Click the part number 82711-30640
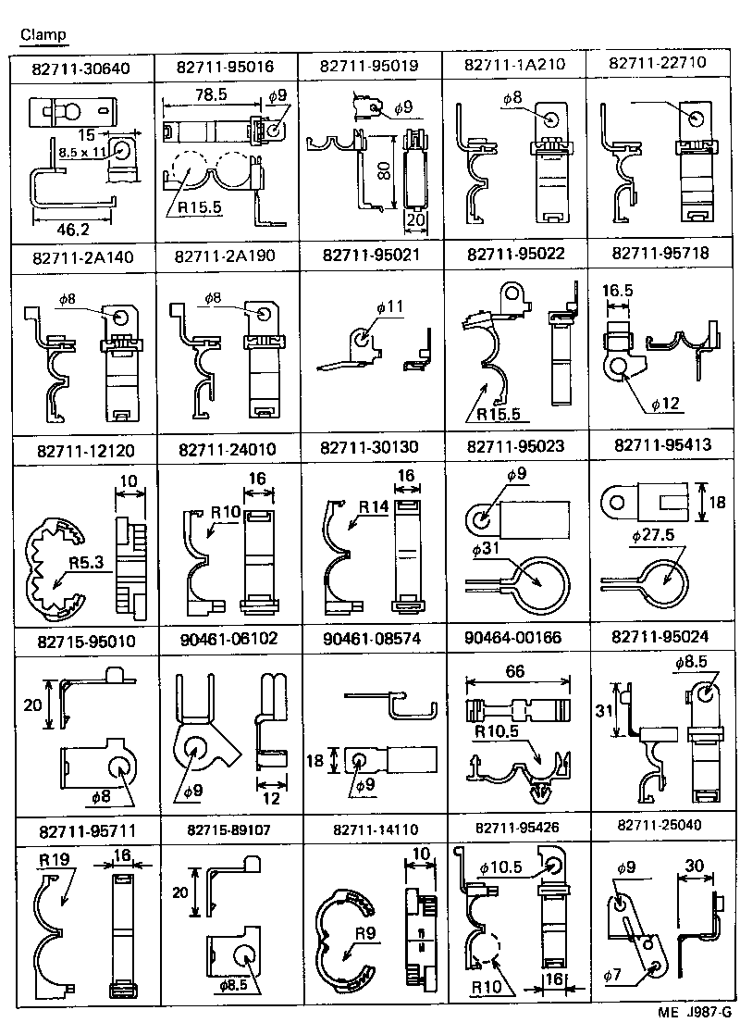point(80,68)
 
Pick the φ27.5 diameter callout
point(652,536)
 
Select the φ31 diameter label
point(487,550)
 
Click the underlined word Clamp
point(43,34)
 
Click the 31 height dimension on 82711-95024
point(602,710)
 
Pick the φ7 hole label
point(612,976)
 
